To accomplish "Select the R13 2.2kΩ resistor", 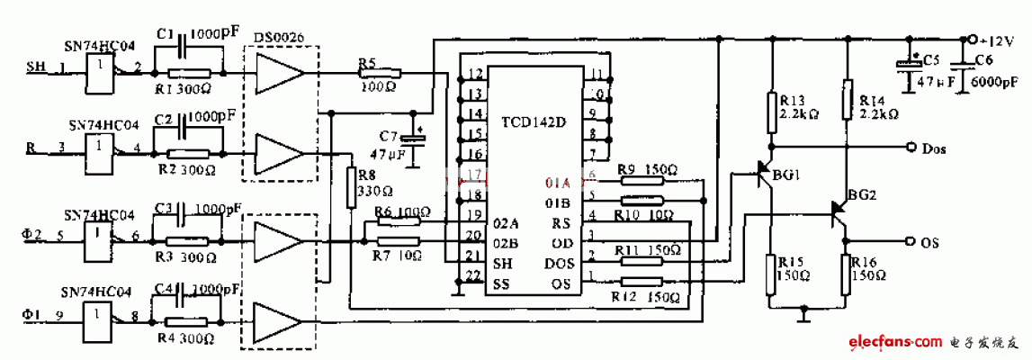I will pyautogui.click(x=771, y=109).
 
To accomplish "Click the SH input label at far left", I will pyautogui.click(x=35, y=67).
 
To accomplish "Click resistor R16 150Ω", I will pyautogui.click(x=847, y=274).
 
